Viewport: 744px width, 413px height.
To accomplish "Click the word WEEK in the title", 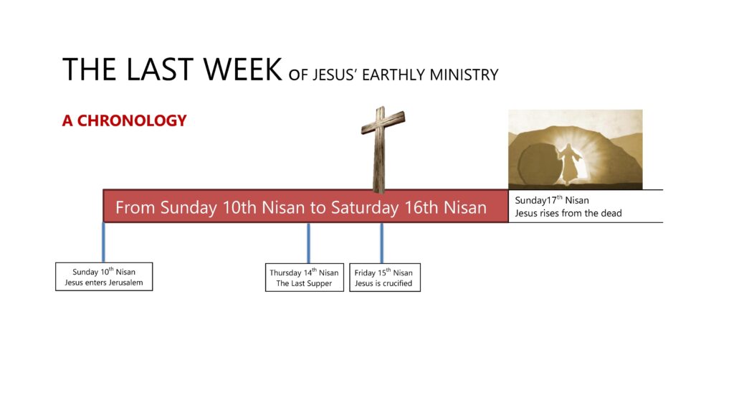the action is (242, 70).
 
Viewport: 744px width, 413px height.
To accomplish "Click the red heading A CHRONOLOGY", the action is (124, 120).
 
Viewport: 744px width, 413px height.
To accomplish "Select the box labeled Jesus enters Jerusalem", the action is (104, 277).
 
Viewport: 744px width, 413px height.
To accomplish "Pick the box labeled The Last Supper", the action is (304, 277).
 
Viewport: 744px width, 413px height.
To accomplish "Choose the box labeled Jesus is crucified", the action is (385, 277).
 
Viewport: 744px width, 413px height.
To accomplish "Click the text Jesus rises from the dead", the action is (568, 213).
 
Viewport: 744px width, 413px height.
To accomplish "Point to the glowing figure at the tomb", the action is (568, 163).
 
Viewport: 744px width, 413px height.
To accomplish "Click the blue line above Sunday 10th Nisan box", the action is (103, 242).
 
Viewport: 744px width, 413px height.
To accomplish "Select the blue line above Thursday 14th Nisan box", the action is (308, 242).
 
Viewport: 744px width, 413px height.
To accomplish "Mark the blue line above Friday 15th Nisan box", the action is (381, 242).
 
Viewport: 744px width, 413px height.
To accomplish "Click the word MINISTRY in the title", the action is (464, 75).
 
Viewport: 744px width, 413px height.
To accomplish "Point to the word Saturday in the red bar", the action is (365, 207).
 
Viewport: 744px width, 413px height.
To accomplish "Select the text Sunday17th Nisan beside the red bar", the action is (552, 200).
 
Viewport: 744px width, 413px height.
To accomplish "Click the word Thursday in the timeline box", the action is (286, 272).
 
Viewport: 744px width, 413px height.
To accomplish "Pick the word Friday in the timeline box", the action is (365, 272).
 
